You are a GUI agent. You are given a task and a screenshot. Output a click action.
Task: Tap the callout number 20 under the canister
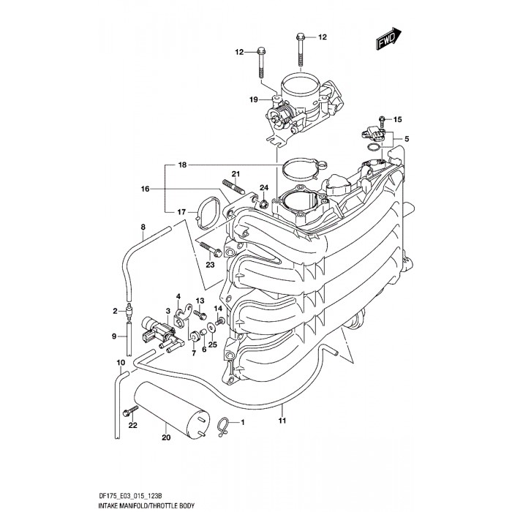(165, 438)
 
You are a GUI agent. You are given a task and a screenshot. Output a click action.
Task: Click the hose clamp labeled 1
(225, 421)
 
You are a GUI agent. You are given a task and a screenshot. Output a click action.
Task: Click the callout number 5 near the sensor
(407, 139)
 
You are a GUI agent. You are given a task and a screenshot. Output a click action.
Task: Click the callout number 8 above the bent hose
(143, 227)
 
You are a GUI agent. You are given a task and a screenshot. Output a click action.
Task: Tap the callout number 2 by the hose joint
(115, 311)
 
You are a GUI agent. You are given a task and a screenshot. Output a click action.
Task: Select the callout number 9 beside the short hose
(115, 336)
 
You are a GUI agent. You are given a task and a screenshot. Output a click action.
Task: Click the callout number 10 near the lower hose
(121, 363)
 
